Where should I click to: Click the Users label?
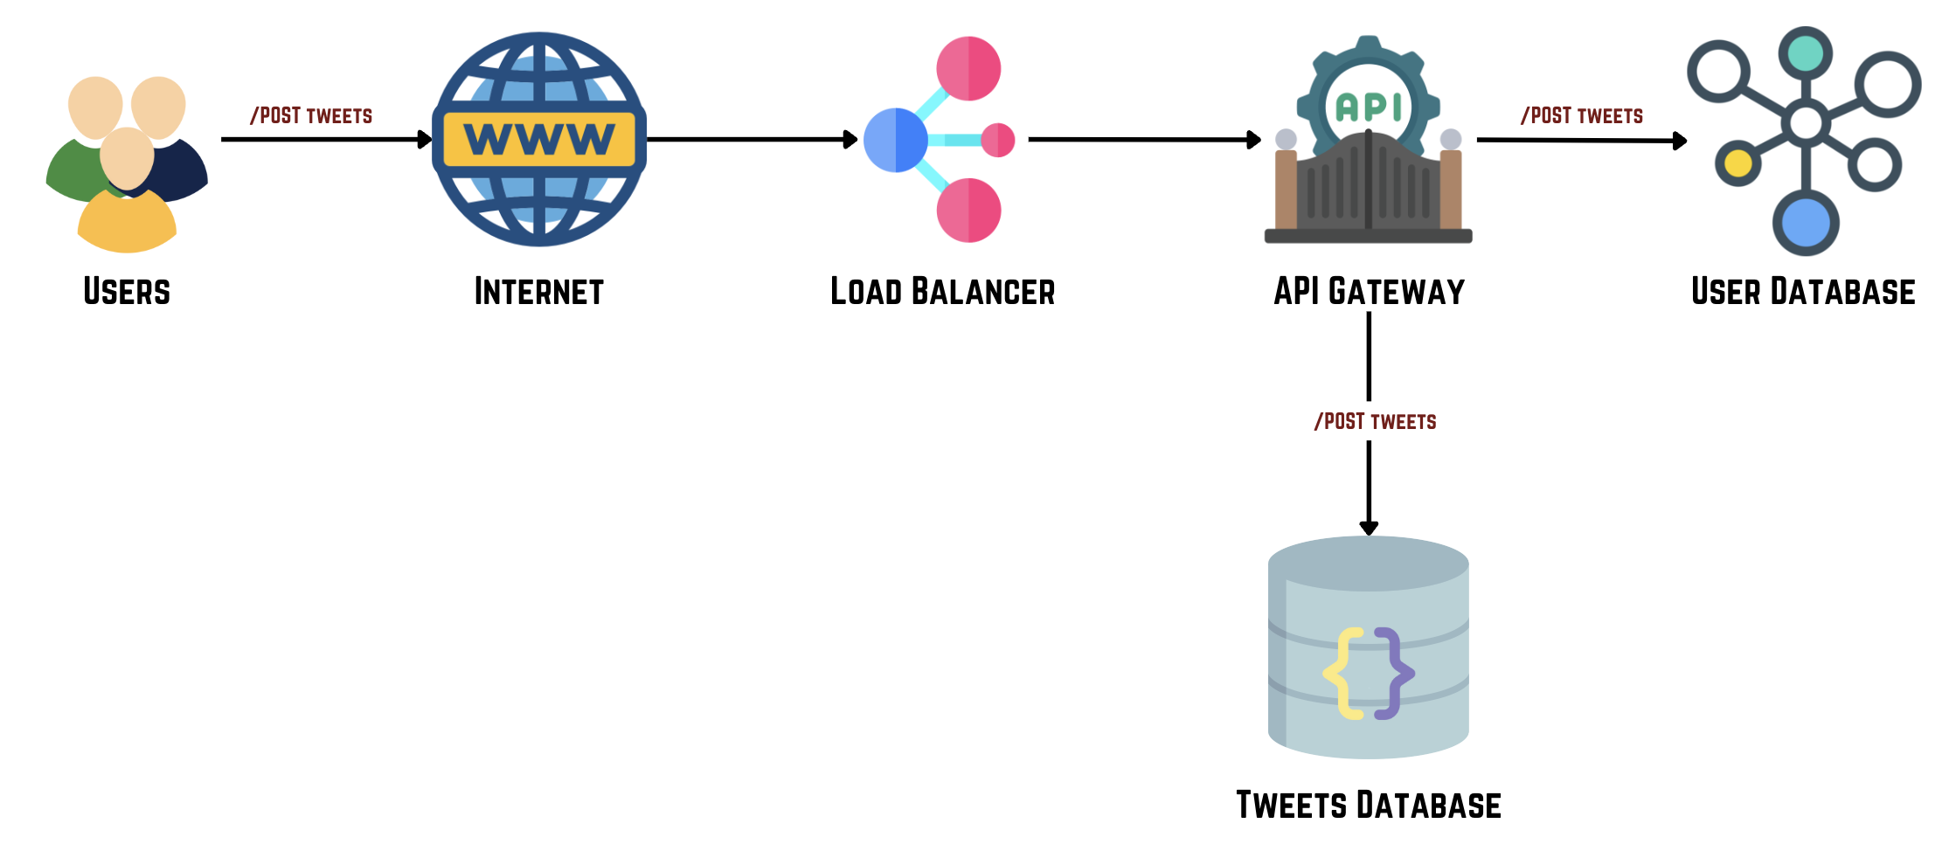(x=127, y=291)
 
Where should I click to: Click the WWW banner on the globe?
(x=539, y=139)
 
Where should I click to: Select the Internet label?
(x=538, y=291)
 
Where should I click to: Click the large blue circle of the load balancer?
(x=894, y=140)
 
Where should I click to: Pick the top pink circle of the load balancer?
(x=968, y=68)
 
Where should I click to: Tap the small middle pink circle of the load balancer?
(x=997, y=140)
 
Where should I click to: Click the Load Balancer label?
(x=942, y=291)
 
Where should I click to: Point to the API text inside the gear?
(x=1369, y=107)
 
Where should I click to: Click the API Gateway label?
(x=1369, y=291)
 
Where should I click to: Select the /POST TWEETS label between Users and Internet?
(x=311, y=115)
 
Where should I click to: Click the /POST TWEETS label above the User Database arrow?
(x=1582, y=115)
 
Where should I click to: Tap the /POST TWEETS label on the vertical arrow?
(x=1375, y=421)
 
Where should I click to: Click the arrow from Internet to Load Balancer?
(x=752, y=139)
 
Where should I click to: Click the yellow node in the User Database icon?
(x=1737, y=163)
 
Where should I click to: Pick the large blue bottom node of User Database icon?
(x=1806, y=223)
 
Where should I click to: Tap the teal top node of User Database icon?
(x=1806, y=54)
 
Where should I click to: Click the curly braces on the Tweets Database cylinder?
(x=1369, y=673)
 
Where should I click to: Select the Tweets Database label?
(x=1369, y=805)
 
